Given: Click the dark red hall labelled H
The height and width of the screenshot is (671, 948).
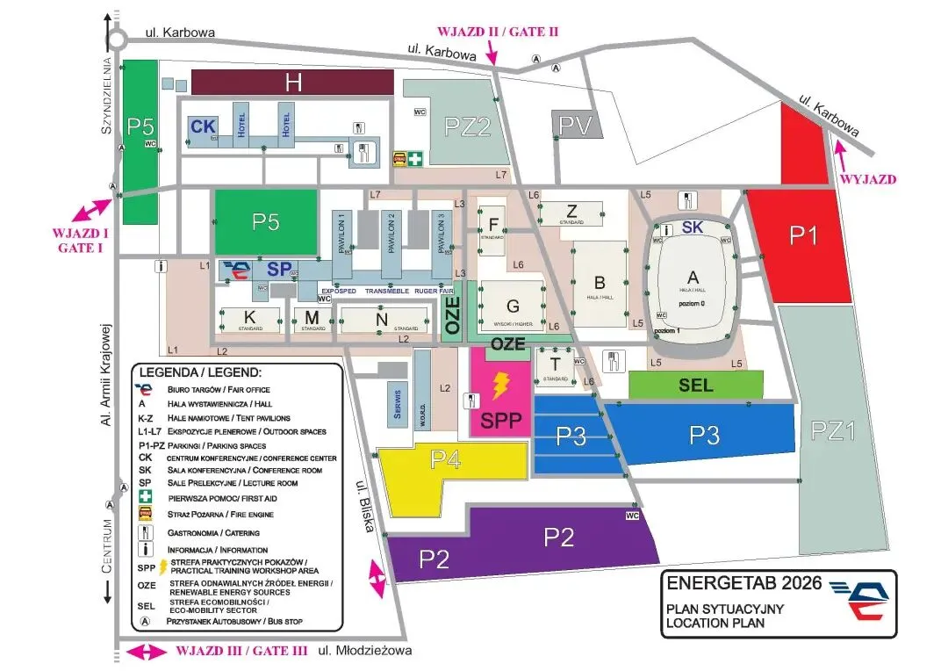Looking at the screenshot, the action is click(x=292, y=83).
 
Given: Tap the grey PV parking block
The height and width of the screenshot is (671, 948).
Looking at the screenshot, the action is click(x=578, y=125).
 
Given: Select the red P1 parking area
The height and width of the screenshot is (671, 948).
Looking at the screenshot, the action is click(x=803, y=235).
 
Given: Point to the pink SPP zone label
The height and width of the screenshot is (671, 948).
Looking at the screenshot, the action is click(x=501, y=422).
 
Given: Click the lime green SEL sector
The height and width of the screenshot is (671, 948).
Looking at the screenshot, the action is click(x=696, y=385).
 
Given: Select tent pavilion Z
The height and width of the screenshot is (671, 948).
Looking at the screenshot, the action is click(x=571, y=211).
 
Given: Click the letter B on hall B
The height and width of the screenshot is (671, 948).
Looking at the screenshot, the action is click(x=600, y=283).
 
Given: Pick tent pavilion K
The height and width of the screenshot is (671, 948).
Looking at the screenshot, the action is click(x=249, y=317).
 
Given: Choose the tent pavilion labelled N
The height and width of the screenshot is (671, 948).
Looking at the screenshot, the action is click(x=380, y=320).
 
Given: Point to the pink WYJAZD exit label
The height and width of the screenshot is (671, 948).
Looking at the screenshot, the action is click(x=867, y=179).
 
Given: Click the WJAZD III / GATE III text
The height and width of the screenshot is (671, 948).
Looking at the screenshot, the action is click(x=241, y=651).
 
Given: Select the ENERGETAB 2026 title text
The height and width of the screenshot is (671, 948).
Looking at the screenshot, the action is click(x=743, y=582).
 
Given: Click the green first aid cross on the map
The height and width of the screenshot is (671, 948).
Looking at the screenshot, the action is click(x=413, y=158).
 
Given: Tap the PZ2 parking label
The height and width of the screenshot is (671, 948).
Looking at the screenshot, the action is click(x=467, y=127).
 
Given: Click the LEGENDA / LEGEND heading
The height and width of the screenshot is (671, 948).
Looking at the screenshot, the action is click(x=201, y=372).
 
